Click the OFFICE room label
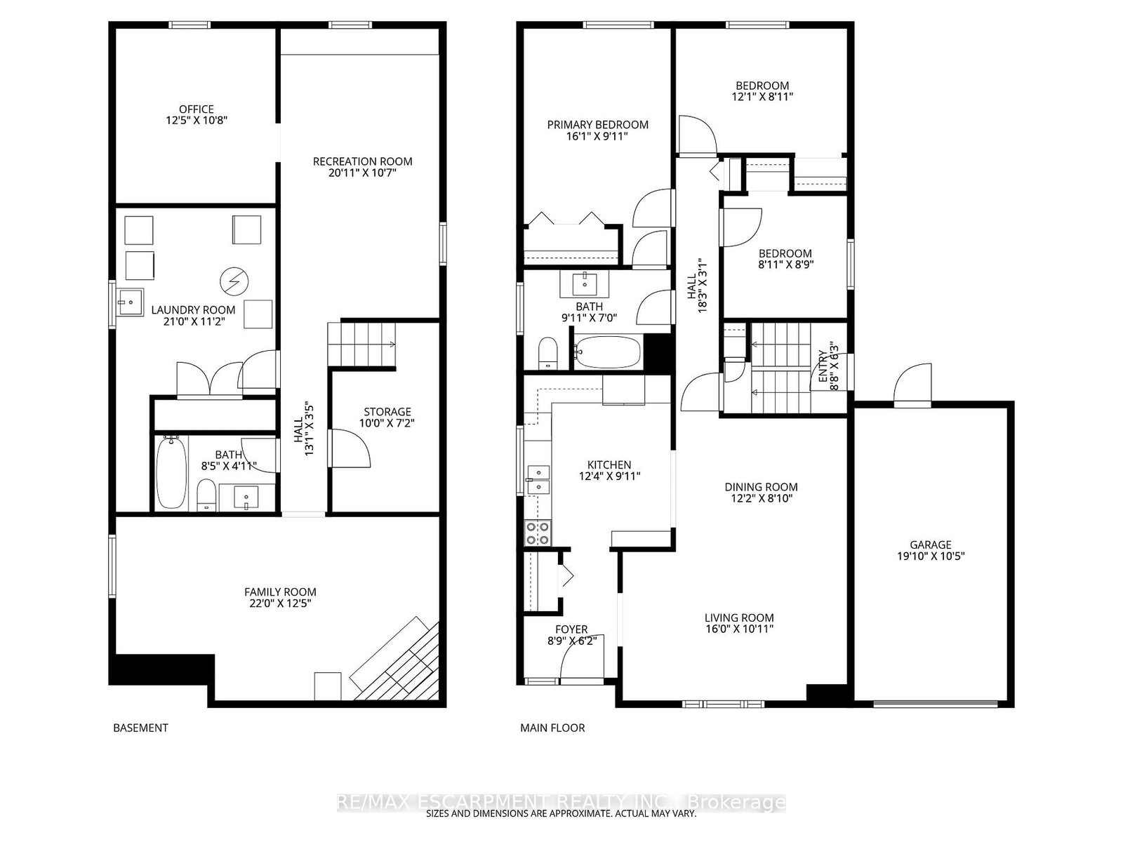click(196, 109)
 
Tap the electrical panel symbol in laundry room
click(234, 281)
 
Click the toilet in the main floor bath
click(547, 353)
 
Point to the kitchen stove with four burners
click(538, 533)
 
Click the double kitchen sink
click(538, 479)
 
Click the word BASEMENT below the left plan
click(140, 728)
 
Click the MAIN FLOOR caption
click(552, 728)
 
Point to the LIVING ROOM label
click(739, 617)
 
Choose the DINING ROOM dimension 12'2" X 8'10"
click(761, 498)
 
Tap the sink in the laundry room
click(130, 303)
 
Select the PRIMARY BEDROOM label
click(598, 125)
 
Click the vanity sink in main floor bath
click(584, 283)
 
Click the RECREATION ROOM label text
click(362, 161)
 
